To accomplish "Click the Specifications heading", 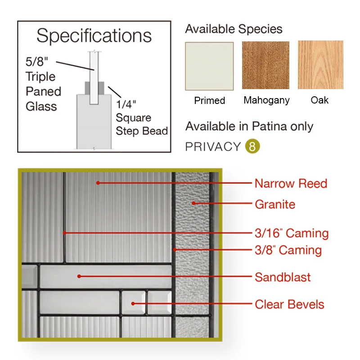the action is click(94, 36).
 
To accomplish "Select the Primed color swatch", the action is click(209, 66).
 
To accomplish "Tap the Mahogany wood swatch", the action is click(265, 65).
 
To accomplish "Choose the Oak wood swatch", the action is click(320, 65).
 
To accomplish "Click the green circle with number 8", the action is click(252, 146).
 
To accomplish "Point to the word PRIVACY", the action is click(213, 147).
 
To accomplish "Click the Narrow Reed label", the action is click(291, 184).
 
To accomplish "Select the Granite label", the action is click(275, 204).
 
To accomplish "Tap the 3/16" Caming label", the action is click(292, 233).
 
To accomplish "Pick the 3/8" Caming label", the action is click(288, 250).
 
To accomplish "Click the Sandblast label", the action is click(283, 277).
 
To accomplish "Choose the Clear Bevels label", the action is click(289, 304).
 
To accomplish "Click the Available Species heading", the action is click(234, 29).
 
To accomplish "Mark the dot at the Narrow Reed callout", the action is click(97, 183).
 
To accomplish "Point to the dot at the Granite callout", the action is click(194, 203).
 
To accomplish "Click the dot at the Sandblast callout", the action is click(79, 276).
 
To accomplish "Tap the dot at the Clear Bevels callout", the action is click(133, 303).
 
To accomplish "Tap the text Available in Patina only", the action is click(249, 126).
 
